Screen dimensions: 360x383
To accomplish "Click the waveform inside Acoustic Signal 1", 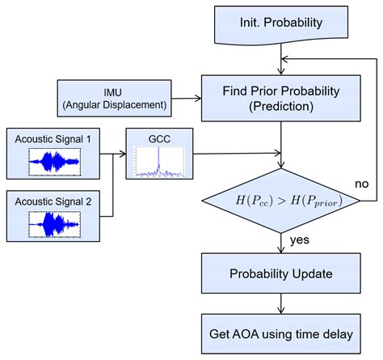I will pos(54,162).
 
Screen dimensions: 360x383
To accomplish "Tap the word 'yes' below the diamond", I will pos(298,239).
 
